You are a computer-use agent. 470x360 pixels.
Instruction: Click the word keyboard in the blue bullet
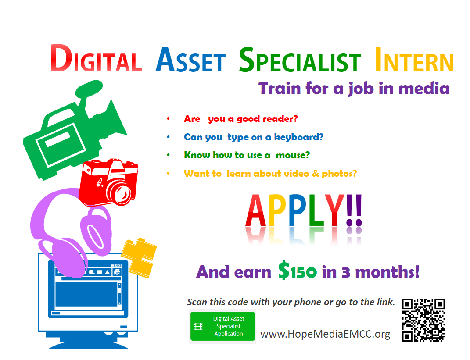click(298, 137)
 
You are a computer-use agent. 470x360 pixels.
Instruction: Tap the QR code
click(423, 320)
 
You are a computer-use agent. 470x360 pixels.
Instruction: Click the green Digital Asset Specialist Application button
click(222, 326)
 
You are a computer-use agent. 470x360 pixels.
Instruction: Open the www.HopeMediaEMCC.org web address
click(325, 334)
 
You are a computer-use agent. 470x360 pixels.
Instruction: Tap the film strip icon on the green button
click(198, 326)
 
